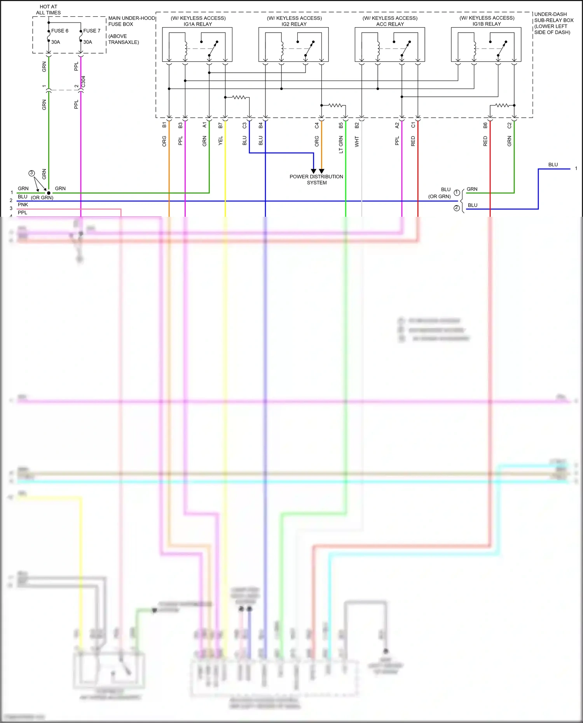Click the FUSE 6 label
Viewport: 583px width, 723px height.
(59, 31)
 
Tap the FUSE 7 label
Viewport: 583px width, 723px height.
(92, 31)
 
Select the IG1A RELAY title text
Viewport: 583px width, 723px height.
(198, 24)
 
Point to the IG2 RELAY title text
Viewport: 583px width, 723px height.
(294, 24)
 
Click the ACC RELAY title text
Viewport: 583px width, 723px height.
(390, 24)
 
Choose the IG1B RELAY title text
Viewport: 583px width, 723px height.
(487, 24)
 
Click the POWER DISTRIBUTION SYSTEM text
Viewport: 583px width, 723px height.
(316, 179)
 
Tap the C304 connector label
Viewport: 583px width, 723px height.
(83, 82)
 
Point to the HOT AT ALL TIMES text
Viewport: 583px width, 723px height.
(48, 10)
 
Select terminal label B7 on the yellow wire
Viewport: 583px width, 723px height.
(220, 125)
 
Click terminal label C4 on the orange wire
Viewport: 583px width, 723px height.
(317, 125)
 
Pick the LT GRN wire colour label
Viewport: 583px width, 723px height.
(341, 144)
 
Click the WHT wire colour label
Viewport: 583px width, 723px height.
(357, 141)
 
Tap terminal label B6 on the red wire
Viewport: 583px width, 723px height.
(485, 125)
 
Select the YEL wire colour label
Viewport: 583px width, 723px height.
(220, 141)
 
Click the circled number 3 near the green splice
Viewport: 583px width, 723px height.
(32, 173)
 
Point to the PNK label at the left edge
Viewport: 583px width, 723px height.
(23, 205)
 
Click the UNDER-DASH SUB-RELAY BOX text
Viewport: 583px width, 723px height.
(553, 23)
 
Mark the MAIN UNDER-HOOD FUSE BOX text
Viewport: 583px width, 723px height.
(131, 21)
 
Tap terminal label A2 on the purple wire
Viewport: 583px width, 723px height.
(397, 125)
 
